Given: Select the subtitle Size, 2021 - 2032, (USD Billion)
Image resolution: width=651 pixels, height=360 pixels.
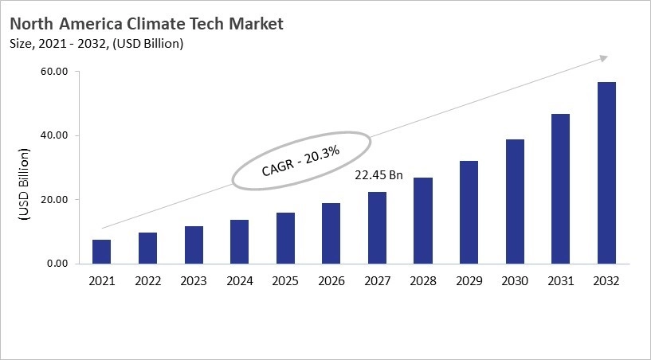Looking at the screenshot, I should click(97, 44).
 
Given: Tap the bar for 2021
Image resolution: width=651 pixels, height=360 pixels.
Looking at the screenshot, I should click(101, 252).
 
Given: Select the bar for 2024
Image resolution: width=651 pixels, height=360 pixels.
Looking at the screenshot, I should click(239, 242).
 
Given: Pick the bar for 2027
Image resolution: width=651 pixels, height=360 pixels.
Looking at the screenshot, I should click(377, 228).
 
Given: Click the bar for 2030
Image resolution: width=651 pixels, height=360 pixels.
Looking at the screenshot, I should click(515, 202).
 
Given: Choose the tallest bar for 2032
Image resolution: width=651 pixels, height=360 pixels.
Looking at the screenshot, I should click(606, 173).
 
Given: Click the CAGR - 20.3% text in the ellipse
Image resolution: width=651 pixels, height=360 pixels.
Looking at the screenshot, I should click(301, 161).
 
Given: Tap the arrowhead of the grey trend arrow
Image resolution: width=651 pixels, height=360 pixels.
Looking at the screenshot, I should click(604, 58).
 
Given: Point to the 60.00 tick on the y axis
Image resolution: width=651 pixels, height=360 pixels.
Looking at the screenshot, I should click(53, 72).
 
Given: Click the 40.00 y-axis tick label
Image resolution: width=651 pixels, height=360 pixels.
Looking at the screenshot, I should click(53, 135).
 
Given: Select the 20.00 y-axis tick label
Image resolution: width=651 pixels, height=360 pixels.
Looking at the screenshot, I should click(53, 200).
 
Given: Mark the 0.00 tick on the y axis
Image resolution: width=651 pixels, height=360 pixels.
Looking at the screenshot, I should click(56, 264).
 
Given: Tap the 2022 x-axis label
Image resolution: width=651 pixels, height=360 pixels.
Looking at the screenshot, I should click(147, 281).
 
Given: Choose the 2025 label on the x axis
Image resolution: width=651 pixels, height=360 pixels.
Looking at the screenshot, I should click(285, 281).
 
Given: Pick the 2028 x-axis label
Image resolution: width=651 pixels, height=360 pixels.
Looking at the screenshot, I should click(423, 281).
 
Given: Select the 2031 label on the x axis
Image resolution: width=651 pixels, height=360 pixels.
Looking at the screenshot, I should click(560, 281).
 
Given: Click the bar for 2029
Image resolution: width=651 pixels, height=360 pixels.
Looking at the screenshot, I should click(469, 213).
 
